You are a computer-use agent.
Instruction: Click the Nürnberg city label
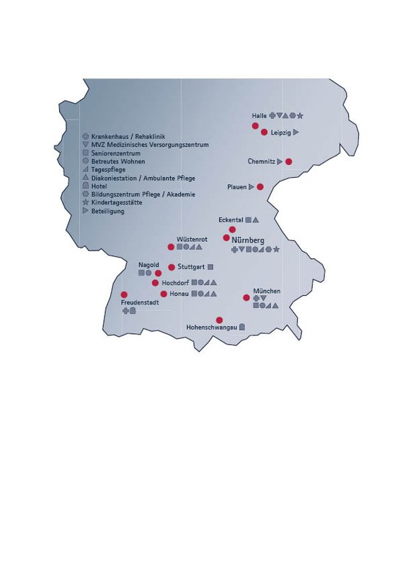click(249, 240)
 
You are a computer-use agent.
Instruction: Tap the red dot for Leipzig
click(265, 132)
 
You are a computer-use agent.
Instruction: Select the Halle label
click(259, 116)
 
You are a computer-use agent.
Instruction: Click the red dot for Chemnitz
click(289, 162)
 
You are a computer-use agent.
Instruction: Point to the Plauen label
click(236, 187)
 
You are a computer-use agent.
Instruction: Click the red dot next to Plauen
click(260, 187)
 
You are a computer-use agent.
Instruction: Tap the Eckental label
click(231, 220)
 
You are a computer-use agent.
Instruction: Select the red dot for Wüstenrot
click(171, 247)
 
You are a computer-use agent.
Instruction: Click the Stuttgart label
click(191, 267)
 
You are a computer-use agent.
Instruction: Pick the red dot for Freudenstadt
click(124, 295)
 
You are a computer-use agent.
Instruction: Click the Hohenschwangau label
click(212, 327)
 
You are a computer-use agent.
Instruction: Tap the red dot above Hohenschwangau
click(219, 320)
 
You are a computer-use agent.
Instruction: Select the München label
click(266, 291)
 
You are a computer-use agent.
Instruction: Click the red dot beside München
click(246, 297)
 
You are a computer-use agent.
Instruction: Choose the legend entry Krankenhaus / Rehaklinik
click(124, 136)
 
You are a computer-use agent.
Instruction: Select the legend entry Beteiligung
click(108, 211)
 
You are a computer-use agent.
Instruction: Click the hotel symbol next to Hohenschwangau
click(242, 327)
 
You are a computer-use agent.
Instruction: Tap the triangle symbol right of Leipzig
click(295, 132)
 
